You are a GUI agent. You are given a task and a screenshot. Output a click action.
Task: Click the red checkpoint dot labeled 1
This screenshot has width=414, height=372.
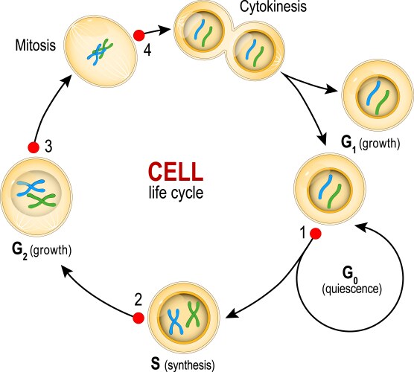pos(315,234)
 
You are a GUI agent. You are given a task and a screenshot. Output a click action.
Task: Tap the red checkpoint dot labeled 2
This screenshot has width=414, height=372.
pos(137,318)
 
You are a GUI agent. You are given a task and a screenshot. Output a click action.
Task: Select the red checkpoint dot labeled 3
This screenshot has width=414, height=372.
pos(32,147)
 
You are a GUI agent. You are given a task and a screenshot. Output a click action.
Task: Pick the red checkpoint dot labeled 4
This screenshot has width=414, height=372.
pos(138,35)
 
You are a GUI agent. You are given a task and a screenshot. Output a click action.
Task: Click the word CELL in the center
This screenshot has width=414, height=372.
pos(174,173)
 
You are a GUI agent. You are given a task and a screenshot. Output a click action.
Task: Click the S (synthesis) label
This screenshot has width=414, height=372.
pos(182,365)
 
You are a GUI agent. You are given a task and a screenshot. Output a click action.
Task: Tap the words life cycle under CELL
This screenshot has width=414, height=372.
pos(174,193)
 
